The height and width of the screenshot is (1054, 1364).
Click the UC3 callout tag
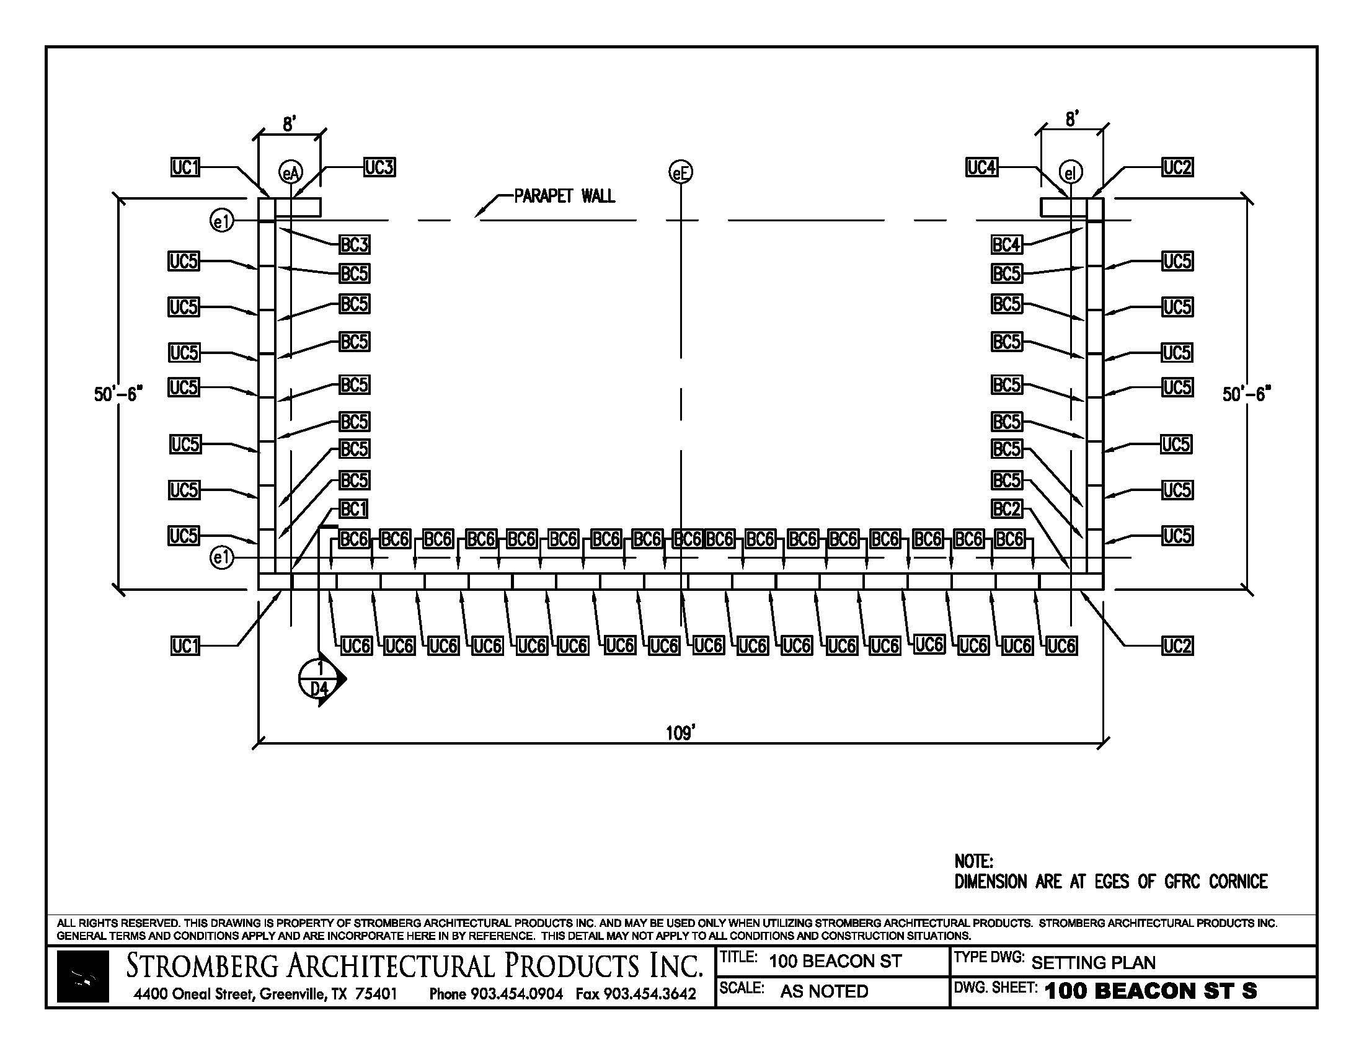click(x=379, y=167)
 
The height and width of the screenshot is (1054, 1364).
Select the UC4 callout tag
click(x=981, y=167)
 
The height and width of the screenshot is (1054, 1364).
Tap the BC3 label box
click(x=354, y=245)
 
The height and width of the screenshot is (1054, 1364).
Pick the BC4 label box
click(x=1007, y=245)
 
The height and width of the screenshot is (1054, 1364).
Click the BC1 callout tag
click(x=353, y=509)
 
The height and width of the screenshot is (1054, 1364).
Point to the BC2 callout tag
click(x=1007, y=509)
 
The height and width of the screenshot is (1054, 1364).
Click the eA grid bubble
click(x=290, y=173)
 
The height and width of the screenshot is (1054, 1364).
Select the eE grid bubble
click(x=681, y=172)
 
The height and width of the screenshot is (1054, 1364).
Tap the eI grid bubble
click(x=1071, y=173)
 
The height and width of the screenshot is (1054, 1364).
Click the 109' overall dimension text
click(x=681, y=733)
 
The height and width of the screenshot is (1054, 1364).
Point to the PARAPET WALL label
click(x=565, y=196)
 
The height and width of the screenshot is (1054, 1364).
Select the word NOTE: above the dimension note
click(x=973, y=862)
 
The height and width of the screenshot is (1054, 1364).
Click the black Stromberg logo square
click(x=82, y=976)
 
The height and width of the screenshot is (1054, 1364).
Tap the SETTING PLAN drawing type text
click(x=1093, y=963)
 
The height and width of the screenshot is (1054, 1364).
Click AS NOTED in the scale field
click(x=824, y=991)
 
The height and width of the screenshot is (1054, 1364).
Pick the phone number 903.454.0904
click(x=516, y=993)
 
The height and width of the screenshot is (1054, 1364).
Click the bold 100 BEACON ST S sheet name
click(x=1150, y=991)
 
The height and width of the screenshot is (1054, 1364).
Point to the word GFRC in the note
click(x=1182, y=882)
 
